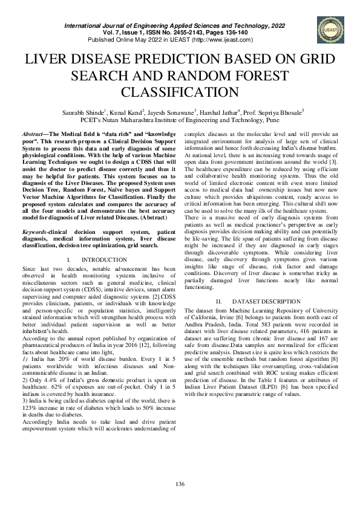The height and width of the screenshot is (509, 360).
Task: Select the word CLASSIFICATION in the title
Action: (180, 92)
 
